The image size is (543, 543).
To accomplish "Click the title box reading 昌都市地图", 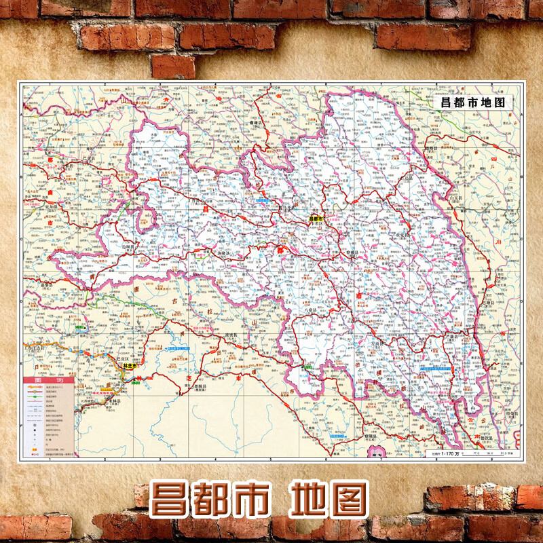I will tap(473, 102).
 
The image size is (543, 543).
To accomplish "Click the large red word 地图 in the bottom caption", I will tap(329, 500).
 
